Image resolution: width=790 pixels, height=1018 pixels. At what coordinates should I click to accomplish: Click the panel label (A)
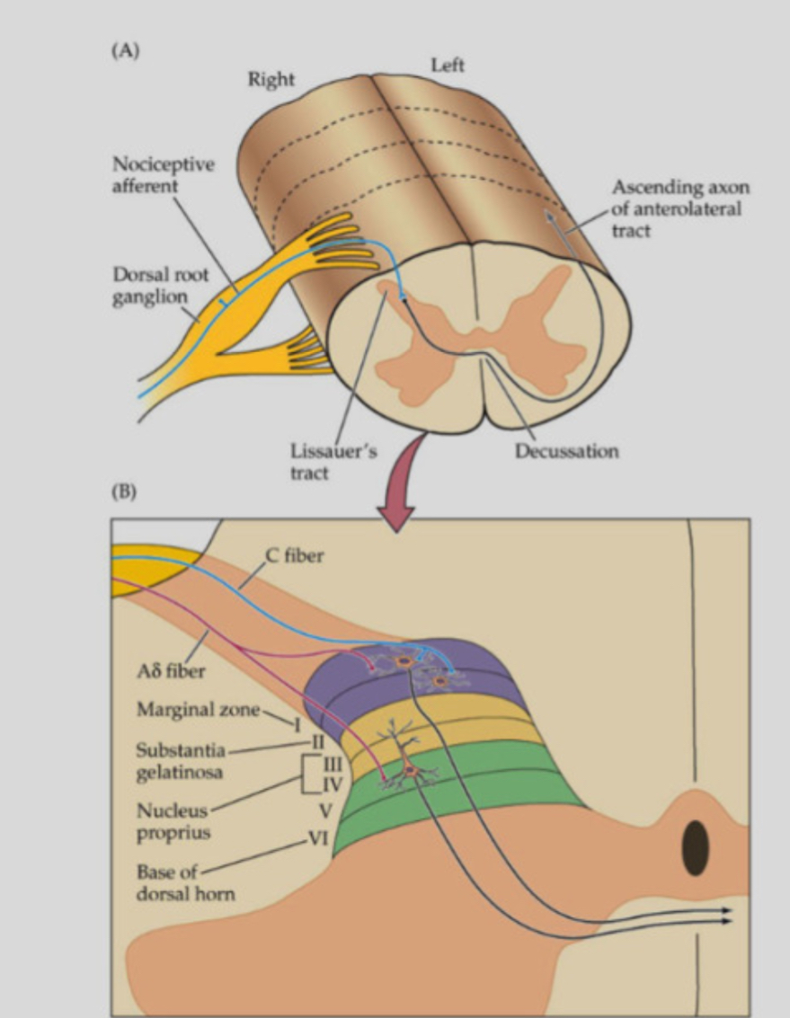125,51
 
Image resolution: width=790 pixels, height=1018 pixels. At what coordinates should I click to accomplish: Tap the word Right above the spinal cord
271,80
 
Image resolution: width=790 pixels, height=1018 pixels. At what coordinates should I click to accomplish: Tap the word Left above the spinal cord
448,66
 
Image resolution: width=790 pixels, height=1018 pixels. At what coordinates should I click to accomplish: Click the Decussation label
566,451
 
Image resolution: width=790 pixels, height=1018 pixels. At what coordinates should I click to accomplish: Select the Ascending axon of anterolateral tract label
679,208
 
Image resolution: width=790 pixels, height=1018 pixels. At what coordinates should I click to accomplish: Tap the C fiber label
296,556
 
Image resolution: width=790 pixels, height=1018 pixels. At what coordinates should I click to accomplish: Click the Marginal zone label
197,710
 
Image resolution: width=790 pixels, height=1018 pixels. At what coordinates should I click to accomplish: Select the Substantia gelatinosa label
180,761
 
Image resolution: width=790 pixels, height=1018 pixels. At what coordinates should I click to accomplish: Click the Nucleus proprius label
173,821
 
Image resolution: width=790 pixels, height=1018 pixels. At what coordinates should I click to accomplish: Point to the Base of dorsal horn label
184,882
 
